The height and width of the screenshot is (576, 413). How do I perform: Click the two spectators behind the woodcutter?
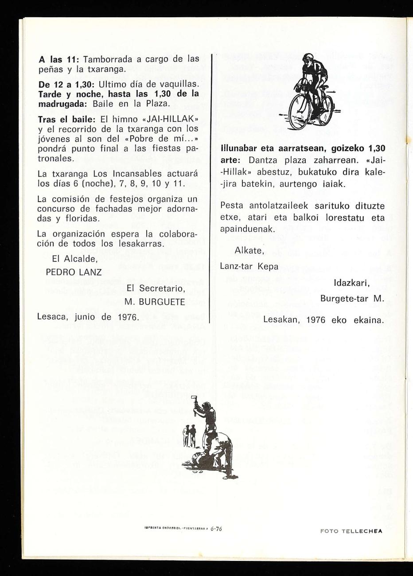(x=190, y=435)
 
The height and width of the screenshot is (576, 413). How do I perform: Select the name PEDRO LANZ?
(x=74, y=272)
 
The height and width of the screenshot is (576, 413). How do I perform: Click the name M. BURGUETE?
(x=155, y=302)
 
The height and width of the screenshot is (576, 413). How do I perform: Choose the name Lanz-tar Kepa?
(x=249, y=266)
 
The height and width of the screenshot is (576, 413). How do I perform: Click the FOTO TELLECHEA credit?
(x=351, y=529)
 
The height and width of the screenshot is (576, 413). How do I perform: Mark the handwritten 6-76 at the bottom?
(x=216, y=529)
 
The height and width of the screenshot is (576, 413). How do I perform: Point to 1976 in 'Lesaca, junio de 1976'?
(x=125, y=317)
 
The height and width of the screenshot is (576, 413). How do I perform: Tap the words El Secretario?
(x=156, y=288)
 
